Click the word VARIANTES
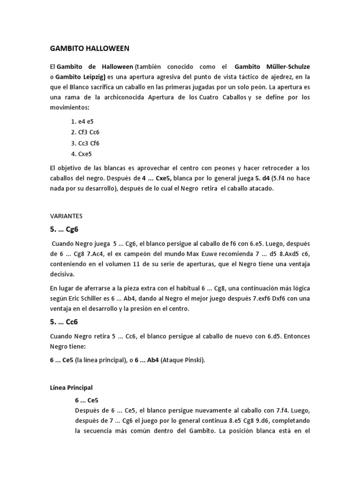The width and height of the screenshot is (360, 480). pos(66,216)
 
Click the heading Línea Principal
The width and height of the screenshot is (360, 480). pos(71,387)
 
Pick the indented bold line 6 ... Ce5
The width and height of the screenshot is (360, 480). pos(87,400)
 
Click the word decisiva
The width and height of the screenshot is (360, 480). pos(62,274)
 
